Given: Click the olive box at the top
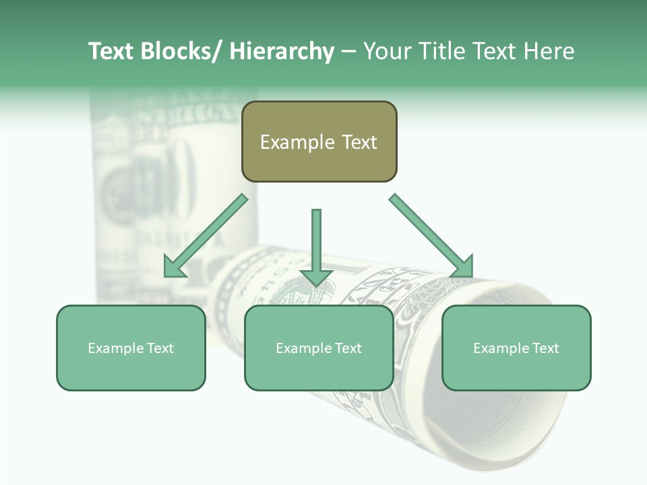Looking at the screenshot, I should (x=319, y=141).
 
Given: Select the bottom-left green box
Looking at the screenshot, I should (x=131, y=348).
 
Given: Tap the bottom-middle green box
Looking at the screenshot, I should (x=319, y=348).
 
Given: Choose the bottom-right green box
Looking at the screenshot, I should (x=516, y=348).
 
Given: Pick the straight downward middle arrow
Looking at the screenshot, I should (x=316, y=246).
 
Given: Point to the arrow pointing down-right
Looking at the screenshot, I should (x=432, y=236).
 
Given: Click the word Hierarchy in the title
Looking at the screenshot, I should (x=282, y=51).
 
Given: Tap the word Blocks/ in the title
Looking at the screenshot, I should (x=183, y=51).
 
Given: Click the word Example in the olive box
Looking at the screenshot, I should (x=297, y=142).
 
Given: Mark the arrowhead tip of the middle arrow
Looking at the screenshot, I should (x=316, y=286).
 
